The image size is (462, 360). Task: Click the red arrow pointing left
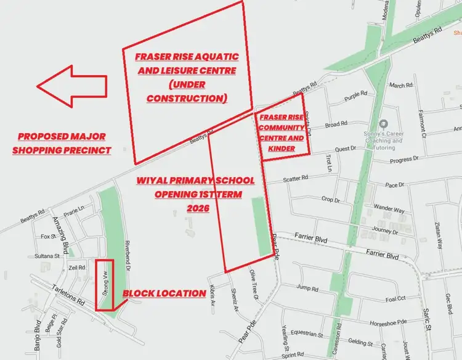[70, 86]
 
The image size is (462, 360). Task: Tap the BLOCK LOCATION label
[164, 293]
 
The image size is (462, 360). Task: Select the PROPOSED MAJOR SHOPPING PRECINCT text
[62, 143]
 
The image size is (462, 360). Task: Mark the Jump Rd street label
[306, 288]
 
